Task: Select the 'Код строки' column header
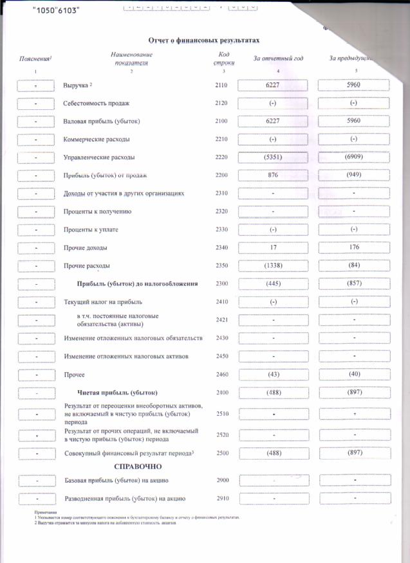click(223, 59)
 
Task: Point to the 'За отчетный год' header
click(278, 58)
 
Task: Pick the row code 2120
click(222, 103)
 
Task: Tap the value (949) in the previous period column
click(354, 175)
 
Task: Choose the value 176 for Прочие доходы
click(354, 247)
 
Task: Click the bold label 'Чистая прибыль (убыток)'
click(118, 392)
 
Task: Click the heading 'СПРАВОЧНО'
click(137, 466)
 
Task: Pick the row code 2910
click(222, 498)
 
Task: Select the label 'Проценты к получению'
click(97, 211)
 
